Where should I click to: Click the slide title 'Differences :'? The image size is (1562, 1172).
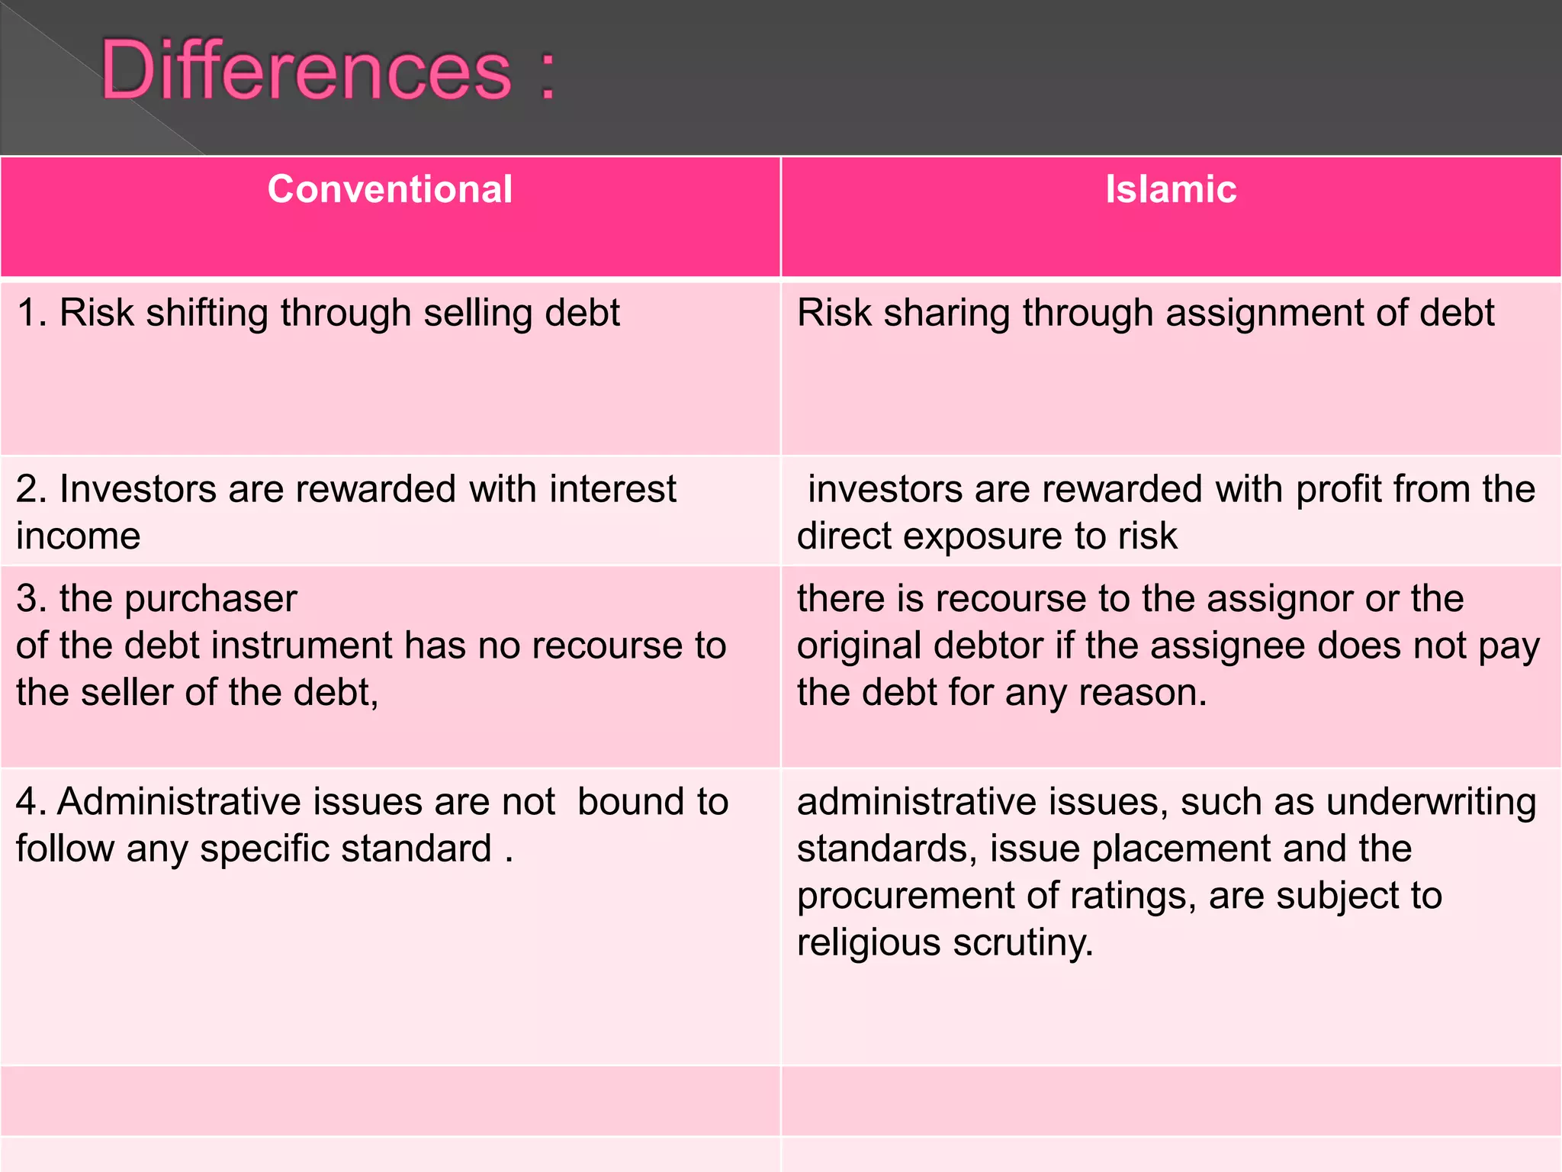[x=328, y=72]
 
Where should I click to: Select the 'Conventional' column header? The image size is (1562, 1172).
[x=390, y=189]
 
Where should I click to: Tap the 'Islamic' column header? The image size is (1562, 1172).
[x=1171, y=189]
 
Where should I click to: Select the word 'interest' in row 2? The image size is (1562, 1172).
[x=612, y=489]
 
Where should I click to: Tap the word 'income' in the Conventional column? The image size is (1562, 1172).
[x=79, y=536]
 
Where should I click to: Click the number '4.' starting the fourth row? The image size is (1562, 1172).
[x=31, y=803]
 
